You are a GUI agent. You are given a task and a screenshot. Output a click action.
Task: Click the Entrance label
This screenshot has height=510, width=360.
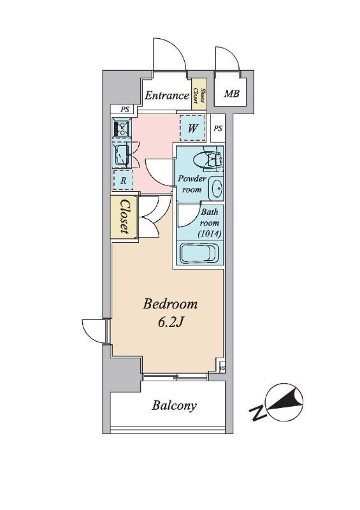coord(166,95)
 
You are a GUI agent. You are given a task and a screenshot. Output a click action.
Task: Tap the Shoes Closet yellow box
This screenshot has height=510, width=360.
coord(199,94)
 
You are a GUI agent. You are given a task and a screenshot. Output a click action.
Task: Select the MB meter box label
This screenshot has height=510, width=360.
coord(232,94)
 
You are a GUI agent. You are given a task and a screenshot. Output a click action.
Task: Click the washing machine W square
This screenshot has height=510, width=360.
coord(192,128)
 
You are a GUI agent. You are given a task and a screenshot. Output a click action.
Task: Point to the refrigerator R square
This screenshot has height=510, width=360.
coord(123,180)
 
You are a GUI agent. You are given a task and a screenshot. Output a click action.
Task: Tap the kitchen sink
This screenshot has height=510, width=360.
coord(122,156)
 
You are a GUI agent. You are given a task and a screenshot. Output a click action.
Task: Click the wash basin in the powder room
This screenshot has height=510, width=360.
coord(216,188)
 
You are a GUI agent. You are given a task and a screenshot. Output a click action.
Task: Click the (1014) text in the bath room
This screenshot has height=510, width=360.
coord(210,233)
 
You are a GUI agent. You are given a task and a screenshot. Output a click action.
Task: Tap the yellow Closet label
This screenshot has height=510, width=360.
coord(124,216)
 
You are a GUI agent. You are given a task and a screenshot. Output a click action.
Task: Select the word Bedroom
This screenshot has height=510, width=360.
coord(170,305)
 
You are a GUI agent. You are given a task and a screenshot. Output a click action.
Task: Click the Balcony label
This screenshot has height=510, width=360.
coord(175,405)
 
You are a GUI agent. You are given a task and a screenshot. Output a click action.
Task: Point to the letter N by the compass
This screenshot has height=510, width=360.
coord(258,412)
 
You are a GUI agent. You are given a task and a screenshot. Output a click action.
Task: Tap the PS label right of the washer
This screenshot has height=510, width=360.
coord(218,129)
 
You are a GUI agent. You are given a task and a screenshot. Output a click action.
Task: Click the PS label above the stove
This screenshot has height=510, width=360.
coord(124,110)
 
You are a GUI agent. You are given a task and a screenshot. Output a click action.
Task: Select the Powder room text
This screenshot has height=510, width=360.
coord(192,184)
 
